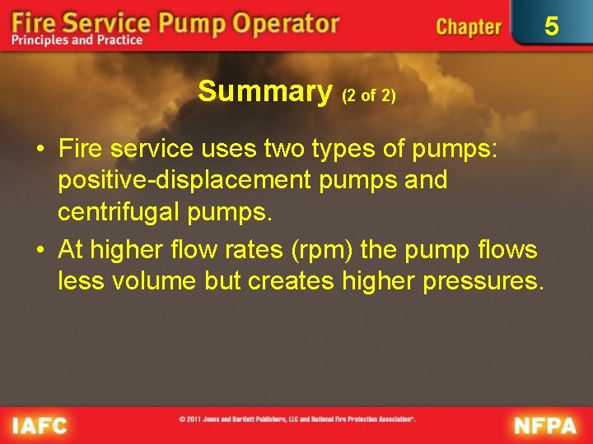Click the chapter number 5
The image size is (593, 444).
(551, 26)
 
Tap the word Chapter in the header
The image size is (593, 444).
(468, 26)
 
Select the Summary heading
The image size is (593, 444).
(264, 91)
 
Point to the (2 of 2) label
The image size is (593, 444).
(369, 95)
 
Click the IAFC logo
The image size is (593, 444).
(40, 425)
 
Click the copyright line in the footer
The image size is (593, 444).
(297, 419)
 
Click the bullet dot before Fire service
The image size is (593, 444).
(40, 150)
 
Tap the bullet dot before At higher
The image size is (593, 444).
(40, 250)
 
